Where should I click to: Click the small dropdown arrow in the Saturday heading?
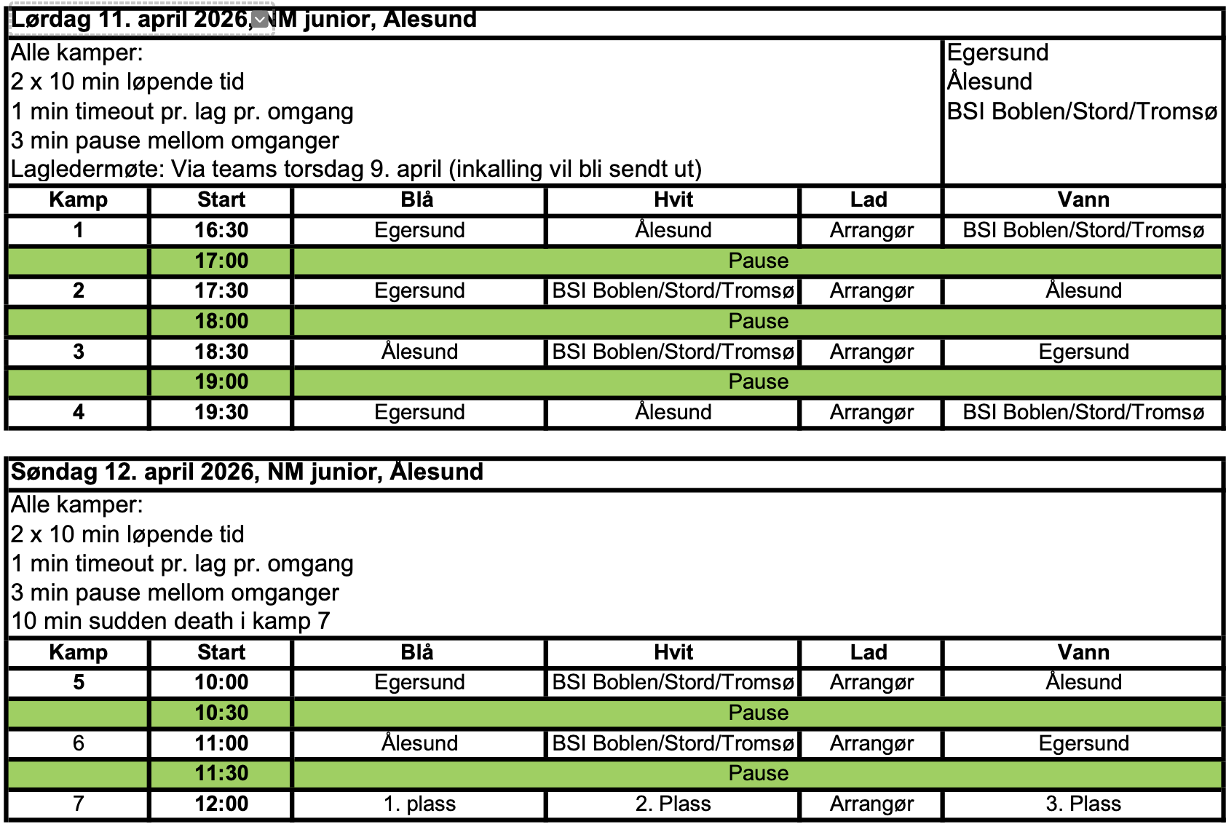point(260,20)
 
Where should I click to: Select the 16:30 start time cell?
point(221,230)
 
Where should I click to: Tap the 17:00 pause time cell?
point(221,261)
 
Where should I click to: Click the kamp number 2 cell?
point(78,290)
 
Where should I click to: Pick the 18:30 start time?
point(221,352)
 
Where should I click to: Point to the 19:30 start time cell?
point(221,412)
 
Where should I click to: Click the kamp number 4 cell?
point(78,412)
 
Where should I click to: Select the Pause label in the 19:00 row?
point(758,381)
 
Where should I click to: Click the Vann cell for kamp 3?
point(1083,352)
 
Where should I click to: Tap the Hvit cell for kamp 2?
point(673,290)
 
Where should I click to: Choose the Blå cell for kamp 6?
point(419,743)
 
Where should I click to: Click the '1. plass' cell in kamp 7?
point(419,804)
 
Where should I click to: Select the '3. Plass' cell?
point(1083,804)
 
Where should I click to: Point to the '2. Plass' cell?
point(673,804)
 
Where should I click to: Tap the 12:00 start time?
point(221,804)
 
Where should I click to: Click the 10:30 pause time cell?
point(221,713)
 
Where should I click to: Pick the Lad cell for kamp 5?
point(871,682)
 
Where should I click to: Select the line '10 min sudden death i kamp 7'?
point(171,621)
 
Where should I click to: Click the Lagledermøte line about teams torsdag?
point(356,169)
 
